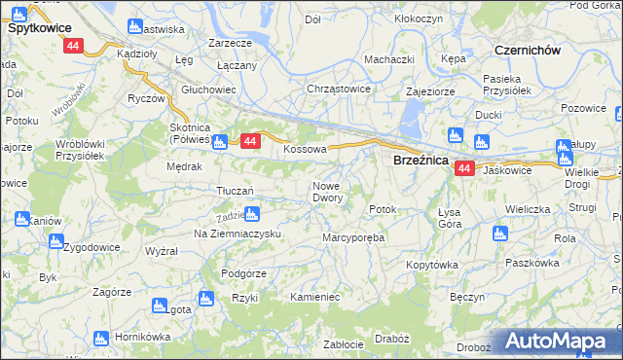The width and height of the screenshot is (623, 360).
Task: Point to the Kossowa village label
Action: pos(304,150)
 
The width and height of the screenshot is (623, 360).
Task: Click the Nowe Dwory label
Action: pos(327,192)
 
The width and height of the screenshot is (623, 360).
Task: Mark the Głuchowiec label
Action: pos(208,89)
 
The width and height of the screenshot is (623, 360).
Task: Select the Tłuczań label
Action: pos(236,191)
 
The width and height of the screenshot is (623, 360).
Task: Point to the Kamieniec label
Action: pos(313,295)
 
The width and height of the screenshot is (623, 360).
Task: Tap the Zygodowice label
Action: pos(92,247)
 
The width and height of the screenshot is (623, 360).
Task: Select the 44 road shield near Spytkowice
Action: pos(73,46)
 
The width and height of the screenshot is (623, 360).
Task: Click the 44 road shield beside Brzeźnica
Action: pos(463,168)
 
